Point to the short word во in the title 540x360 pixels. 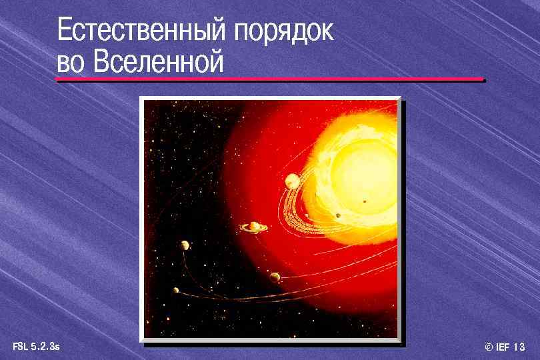click(71, 64)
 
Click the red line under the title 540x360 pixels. click(270, 80)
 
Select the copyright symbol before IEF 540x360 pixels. click(489, 347)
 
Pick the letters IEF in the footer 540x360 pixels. click(503, 347)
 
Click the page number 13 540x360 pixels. click(520, 347)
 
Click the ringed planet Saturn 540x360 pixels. click(254, 227)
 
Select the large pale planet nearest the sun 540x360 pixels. click(291, 180)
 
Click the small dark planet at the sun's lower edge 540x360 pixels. click(339, 215)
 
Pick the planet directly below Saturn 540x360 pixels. click(275, 277)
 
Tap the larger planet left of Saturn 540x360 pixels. click(184, 245)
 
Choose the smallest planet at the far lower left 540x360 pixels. click(176, 290)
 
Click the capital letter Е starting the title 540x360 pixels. click(64, 31)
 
